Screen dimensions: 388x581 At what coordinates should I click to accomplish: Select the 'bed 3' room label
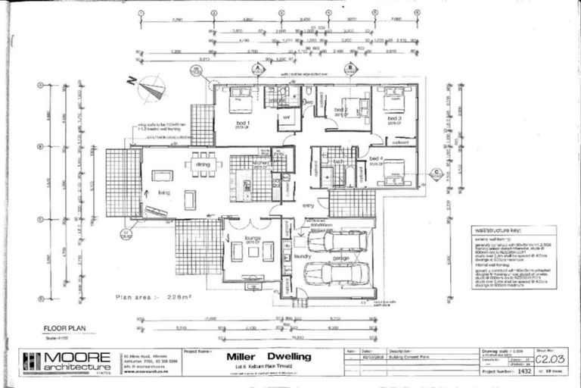point(394,119)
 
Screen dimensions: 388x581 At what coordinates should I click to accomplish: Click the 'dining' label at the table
point(203,164)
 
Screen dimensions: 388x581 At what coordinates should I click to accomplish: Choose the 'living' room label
point(163,192)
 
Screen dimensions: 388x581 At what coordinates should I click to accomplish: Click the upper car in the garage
point(336,241)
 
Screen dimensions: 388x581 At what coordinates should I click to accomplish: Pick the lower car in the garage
point(337,274)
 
